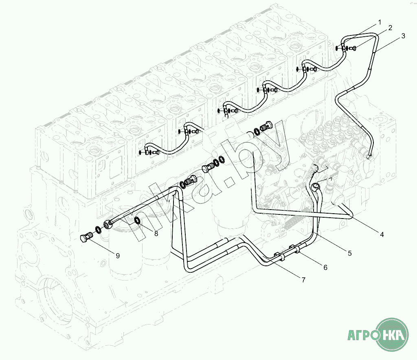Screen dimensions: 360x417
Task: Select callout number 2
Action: (390, 28)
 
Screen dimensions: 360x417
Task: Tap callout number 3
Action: (403, 36)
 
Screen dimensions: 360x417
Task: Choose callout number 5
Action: (349, 253)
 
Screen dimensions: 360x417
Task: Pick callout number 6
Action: (325, 267)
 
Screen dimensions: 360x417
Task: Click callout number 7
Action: (303, 280)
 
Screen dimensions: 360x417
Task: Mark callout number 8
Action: (156, 233)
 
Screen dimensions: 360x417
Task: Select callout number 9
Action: (118, 256)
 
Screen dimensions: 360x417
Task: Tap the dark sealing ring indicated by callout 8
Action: (138, 221)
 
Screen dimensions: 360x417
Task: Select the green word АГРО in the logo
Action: (361, 336)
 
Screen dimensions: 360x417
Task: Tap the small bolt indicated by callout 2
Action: (353, 49)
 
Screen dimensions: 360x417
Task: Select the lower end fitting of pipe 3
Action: (370, 156)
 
